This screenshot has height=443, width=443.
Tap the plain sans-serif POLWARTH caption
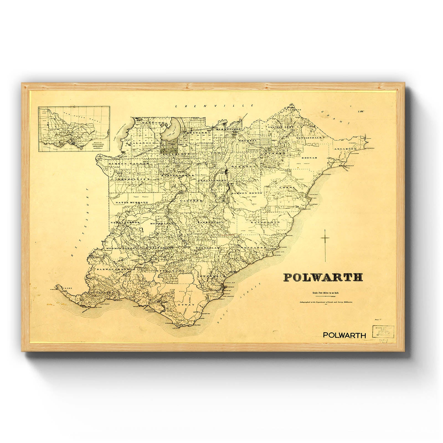[x=344, y=335]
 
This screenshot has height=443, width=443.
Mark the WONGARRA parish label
[x=253, y=247]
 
